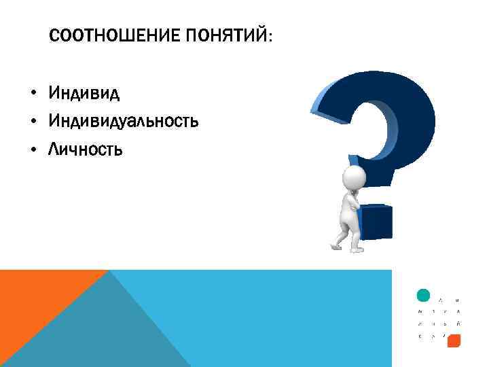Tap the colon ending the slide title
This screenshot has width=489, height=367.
click(270, 37)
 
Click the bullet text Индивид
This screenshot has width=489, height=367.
click(84, 92)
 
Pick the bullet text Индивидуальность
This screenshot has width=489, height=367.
click(123, 121)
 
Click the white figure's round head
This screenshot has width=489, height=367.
click(354, 178)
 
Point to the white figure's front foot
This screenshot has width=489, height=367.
click(357, 249)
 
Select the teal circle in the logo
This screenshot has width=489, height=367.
click(422, 296)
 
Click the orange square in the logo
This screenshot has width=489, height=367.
click(454, 340)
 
